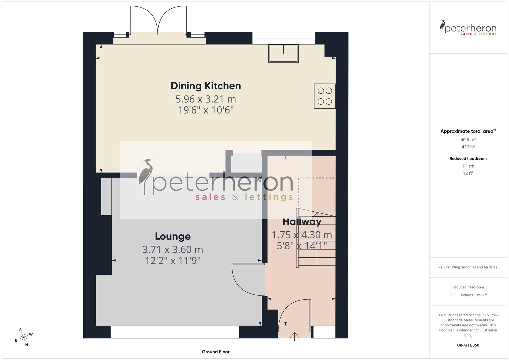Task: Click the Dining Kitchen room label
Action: click(x=206, y=86)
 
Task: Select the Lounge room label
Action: click(x=173, y=236)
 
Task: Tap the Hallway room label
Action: click(x=302, y=222)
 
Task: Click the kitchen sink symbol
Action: click(x=283, y=53)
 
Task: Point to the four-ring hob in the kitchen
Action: click(x=324, y=96)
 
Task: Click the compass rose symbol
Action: click(x=23, y=337)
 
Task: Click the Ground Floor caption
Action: click(x=215, y=352)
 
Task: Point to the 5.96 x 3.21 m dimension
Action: click(x=206, y=99)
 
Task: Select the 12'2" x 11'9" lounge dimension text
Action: click(x=173, y=260)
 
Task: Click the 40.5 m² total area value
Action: click(x=468, y=140)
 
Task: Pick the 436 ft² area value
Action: click(x=468, y=147)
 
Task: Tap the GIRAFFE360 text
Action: click(x=468, y=345)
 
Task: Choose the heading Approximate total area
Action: click(x=468, y=131)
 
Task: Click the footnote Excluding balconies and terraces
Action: click(x=468, y=267)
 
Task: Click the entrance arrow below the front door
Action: click(x=295, y=337)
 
